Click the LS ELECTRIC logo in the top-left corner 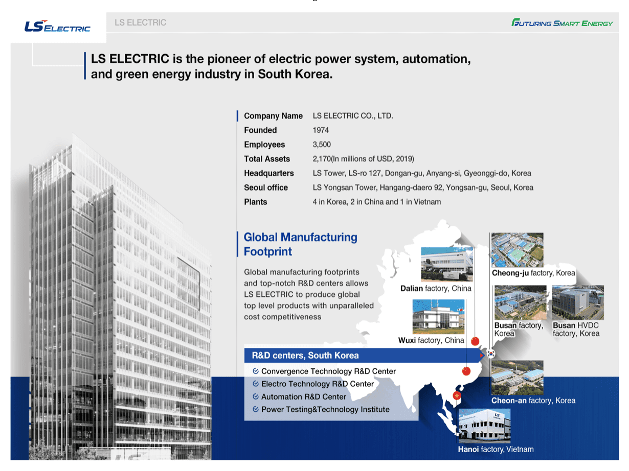[57, 27]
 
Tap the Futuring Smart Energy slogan [561, 22]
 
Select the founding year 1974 [321, 130]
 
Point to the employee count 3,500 [322, 145]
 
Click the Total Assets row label [267, 159]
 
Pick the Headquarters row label [269, 173]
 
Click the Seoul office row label [265, 187]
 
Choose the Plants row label [255, 202]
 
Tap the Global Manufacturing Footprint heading [300, 244]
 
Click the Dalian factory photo [447, 264]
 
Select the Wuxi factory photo [438, 317]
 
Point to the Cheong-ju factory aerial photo [517, 250]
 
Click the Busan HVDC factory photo [578, 302]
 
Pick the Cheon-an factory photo [517, 378]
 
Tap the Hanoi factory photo [484, 426]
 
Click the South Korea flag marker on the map [491, 354]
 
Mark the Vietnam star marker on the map [457, 396]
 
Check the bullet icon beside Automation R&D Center [256, 396]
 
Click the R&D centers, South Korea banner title [305, 356]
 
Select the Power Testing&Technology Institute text [325, 410]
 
